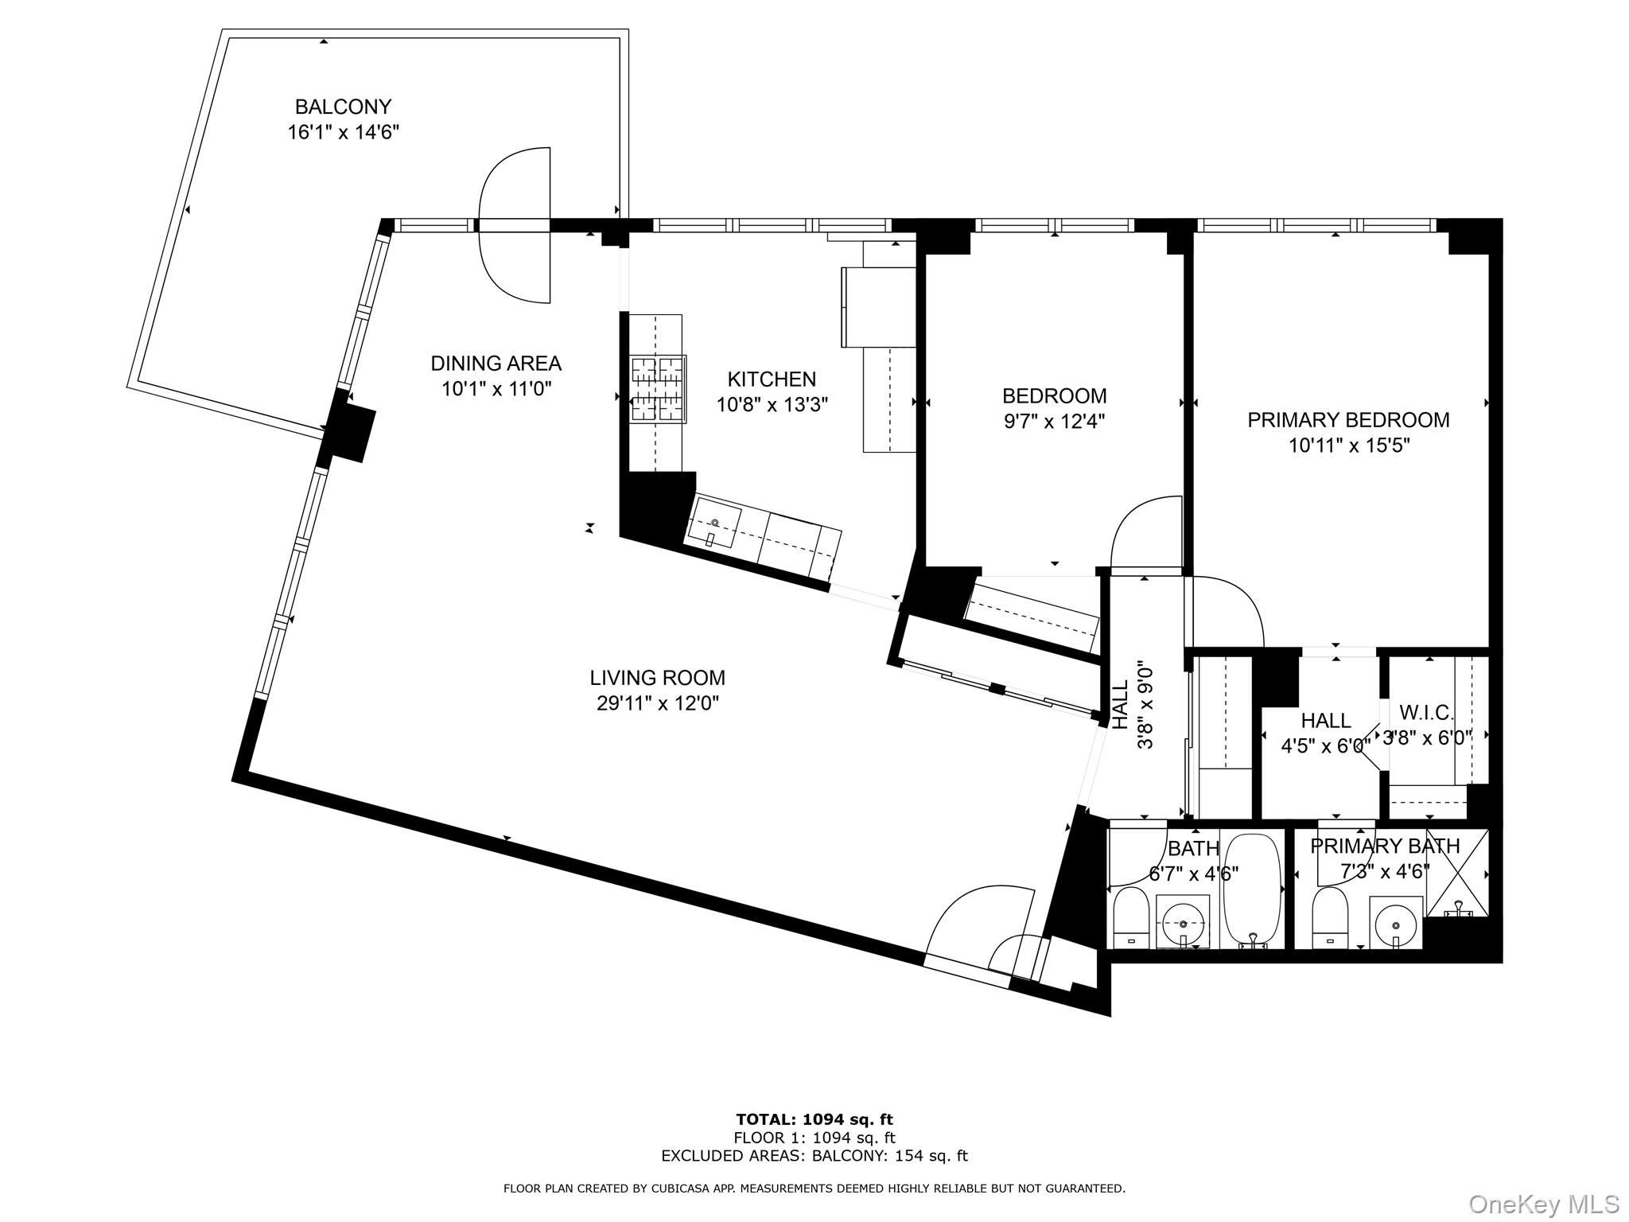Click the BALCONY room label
click(343, 107)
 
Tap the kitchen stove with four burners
click(658, 389)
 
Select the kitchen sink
click(714, 522)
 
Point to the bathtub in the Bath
click(1252, 892)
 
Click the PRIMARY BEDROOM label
click(1348, 420)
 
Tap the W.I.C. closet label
click(1426, 712)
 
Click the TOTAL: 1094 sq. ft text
click(814, 1120)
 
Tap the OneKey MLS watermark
click(1543, 1204)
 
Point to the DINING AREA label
click(496, 364)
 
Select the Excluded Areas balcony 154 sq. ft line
click(814, 1156)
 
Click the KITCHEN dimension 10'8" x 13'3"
click(772, 405)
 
